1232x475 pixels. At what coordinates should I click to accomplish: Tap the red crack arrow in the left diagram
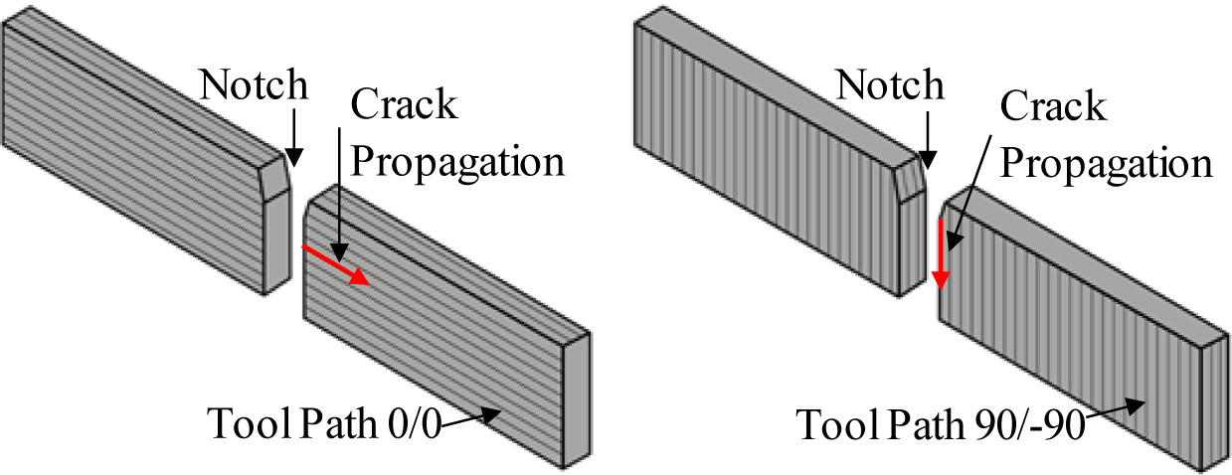337,266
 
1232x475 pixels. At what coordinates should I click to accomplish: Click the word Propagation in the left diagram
459,161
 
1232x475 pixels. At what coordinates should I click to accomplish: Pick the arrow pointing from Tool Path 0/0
467,420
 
